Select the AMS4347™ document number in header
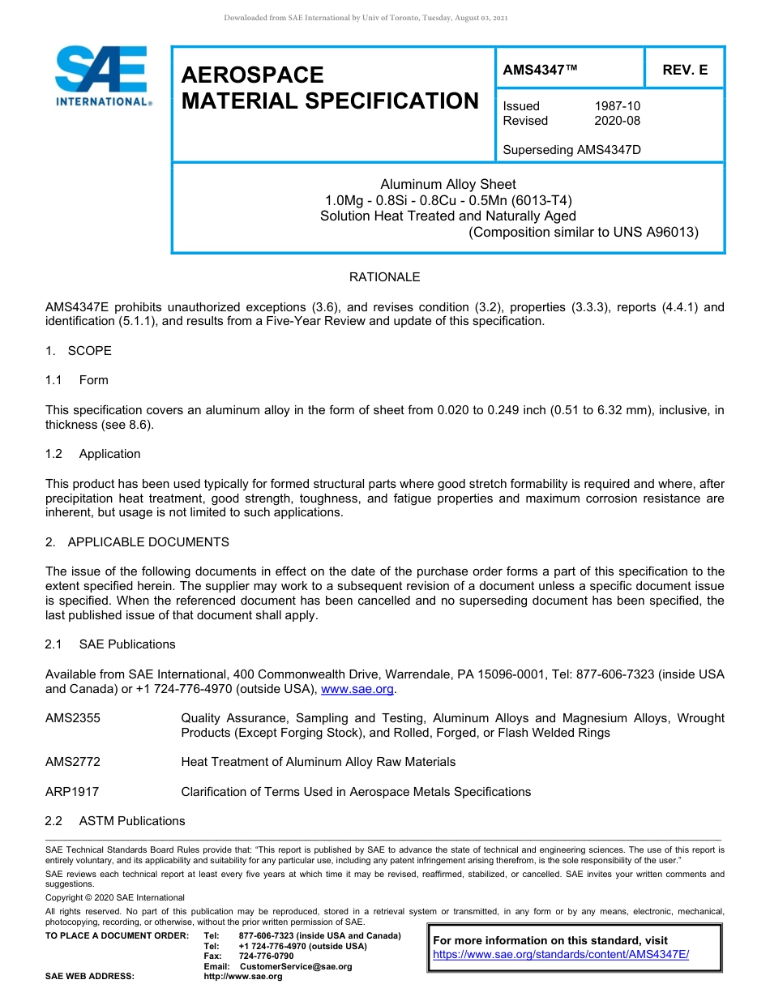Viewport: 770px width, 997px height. click(540, 70)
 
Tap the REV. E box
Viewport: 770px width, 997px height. click(684, 70)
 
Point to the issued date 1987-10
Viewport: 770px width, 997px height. click(617, 106)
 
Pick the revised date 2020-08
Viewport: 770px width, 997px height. click(617, 121)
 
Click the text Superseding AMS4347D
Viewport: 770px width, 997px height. click(571, 150)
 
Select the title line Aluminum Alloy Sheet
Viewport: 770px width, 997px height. click(447, 185)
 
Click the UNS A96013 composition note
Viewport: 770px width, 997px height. click(583, 232)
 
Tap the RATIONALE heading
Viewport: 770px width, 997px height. click(384, 277)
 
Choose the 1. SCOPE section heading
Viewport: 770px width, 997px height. click(79, 351)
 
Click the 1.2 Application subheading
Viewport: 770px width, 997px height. click(93, 454)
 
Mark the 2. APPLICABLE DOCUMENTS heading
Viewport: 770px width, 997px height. click(137, 542)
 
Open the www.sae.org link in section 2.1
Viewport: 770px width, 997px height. click(357, 689)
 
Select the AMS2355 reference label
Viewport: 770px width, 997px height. click(73, 718)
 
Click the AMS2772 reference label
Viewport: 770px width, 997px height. click(73, 762)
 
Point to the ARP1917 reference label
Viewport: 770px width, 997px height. click(72, 792)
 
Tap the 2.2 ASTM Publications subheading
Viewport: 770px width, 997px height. click(115, 821)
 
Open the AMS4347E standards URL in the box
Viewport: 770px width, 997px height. click(561, 955)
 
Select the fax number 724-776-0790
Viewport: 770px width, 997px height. click(267, 956)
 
